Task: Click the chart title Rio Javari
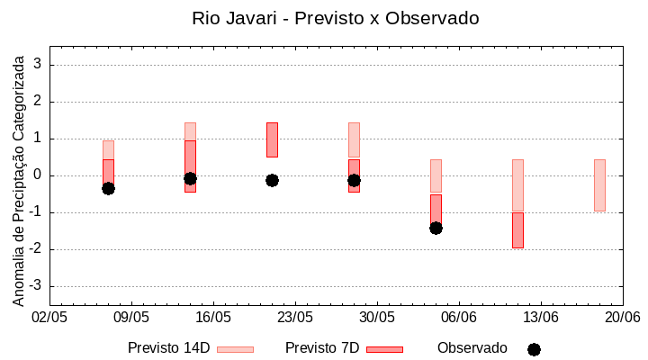click(335, 18)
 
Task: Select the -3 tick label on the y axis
click(37, 286)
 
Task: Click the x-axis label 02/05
click(50, 318)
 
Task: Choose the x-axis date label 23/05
click(295, 318)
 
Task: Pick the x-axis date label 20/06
click(622, 318)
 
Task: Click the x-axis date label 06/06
click(459, 318)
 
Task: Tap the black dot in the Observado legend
click(534, 349)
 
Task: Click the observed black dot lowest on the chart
click(436, 228)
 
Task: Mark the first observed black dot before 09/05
click(108, 188)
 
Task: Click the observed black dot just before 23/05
click(272, 180)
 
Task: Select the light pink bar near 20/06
click(599, 184)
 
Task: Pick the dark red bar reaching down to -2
click(517, 230)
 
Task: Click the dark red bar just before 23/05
click(272, 139)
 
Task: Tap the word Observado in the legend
click(472, 348)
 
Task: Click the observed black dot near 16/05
click(190, 178)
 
